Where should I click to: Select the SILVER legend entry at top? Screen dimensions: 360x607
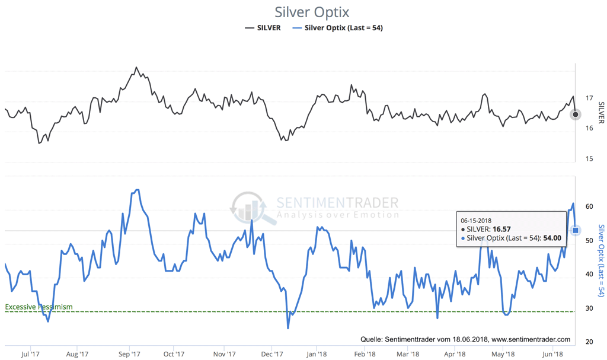[263, 27]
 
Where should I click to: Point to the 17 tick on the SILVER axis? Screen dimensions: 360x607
[589, 98]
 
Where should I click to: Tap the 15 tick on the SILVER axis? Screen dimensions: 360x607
[589, 159]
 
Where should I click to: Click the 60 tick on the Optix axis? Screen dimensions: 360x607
[589, 207]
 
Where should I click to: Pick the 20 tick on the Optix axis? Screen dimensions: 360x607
[589, 342]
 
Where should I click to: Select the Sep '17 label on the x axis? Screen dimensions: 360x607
[129, 354]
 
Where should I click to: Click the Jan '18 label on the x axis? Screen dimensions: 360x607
[316, 354]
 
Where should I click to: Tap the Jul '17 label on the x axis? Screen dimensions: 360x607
[30, 354]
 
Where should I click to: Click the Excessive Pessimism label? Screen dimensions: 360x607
[39, 307]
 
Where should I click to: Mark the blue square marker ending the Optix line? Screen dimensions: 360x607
[576, 230]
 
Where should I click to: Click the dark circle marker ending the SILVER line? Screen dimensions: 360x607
[576, 114]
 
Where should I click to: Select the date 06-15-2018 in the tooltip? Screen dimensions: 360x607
[476, 221]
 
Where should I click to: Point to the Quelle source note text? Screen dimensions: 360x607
[465, 339]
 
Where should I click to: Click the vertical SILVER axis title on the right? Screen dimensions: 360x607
[601, 113]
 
